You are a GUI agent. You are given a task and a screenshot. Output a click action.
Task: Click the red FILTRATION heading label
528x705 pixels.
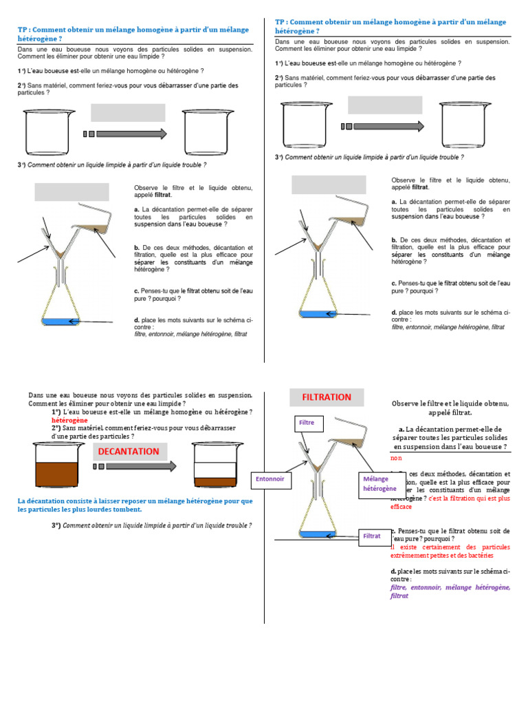point(327,397)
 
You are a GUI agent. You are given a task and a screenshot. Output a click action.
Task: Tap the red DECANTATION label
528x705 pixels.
point(128,452)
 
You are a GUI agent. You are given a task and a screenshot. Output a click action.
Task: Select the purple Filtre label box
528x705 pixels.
point(306,422)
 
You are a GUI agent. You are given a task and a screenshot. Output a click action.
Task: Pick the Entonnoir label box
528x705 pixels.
point(269,478)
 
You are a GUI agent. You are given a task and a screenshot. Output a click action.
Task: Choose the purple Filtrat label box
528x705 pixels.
point(371,535)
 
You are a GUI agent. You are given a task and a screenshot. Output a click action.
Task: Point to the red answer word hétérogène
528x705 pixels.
point(69,420)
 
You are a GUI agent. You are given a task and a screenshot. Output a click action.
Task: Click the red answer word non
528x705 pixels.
point(395,457)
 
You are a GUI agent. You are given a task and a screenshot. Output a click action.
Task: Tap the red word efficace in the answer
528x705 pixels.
point(401,507)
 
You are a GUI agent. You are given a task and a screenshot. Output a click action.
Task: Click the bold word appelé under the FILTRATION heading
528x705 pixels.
point(441,412)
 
